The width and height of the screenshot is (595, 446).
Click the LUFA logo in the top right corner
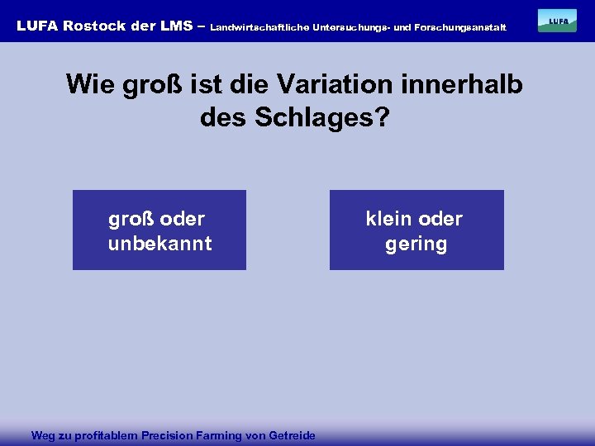(x=557, y=21)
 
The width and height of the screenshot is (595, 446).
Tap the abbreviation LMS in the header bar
(x=176, y=26)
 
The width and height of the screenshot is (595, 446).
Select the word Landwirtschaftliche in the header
(x=259, y=27)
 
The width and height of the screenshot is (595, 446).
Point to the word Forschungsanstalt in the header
(x=459, y=27)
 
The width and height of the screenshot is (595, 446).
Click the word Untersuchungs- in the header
(x=350, y=27)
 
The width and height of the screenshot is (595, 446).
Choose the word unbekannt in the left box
(x=159, y=244)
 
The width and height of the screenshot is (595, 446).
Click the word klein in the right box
(x=390, y=219)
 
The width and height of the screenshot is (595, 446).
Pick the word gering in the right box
(x=416, y=244)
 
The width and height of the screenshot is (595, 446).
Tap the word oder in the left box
(x=183, y=219)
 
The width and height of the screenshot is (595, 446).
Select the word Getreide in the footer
(x=293, y=435)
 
